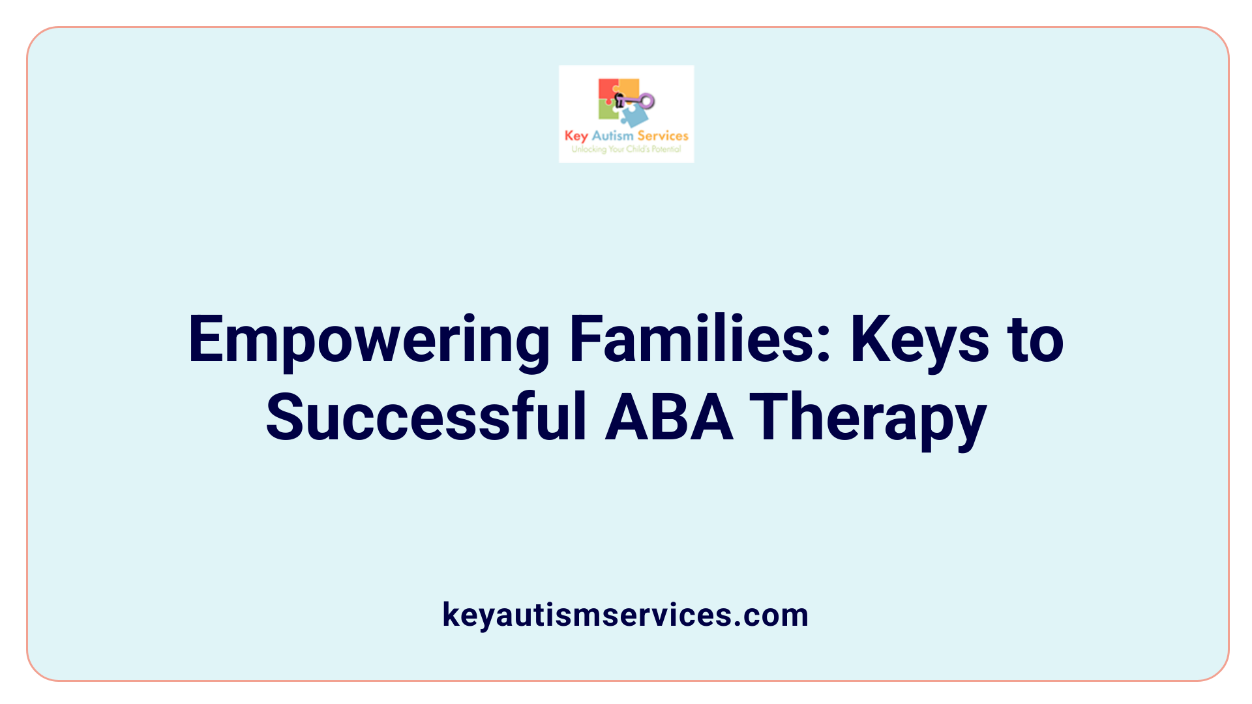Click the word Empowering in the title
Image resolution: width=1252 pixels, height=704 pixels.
[x=368, y=340]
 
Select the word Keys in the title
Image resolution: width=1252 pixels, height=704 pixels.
[x=919, y=340]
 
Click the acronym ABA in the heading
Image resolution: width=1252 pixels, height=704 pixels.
[x=668, y=417]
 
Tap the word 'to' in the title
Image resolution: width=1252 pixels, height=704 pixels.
[x=1036, y=340]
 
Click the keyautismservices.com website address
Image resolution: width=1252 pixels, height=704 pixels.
[x=625, y=615]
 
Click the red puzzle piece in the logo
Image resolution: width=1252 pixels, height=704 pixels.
[x=607, y=90]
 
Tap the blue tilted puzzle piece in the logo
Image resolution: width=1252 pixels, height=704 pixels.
[x=634, y=117]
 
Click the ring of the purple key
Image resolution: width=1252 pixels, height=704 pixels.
[x=647, y=100]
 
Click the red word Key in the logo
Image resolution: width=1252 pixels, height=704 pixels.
[x=576, y=136]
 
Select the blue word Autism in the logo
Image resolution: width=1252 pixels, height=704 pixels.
[x=612, y=136]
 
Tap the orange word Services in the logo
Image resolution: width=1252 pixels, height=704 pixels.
[x=663, y=136]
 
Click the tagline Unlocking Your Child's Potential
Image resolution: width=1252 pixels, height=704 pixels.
[x=626, y=149]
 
